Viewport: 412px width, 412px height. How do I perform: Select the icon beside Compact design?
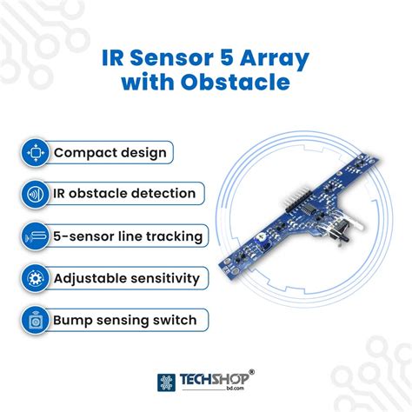(x=35, y=152)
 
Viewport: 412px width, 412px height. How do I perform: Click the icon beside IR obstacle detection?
(x=35, y=194)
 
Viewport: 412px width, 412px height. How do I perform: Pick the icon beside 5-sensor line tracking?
(x=35, y=236)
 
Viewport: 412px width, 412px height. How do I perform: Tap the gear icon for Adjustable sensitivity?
(x=35, y=278)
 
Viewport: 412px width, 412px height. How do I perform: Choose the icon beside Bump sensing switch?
(x=35, y=320)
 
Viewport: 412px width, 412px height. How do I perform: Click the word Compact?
(x=84, y=153)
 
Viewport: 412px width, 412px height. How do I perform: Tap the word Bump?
(x=73, y=320)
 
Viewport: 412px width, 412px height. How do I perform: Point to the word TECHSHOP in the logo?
(x=213, y=379)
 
